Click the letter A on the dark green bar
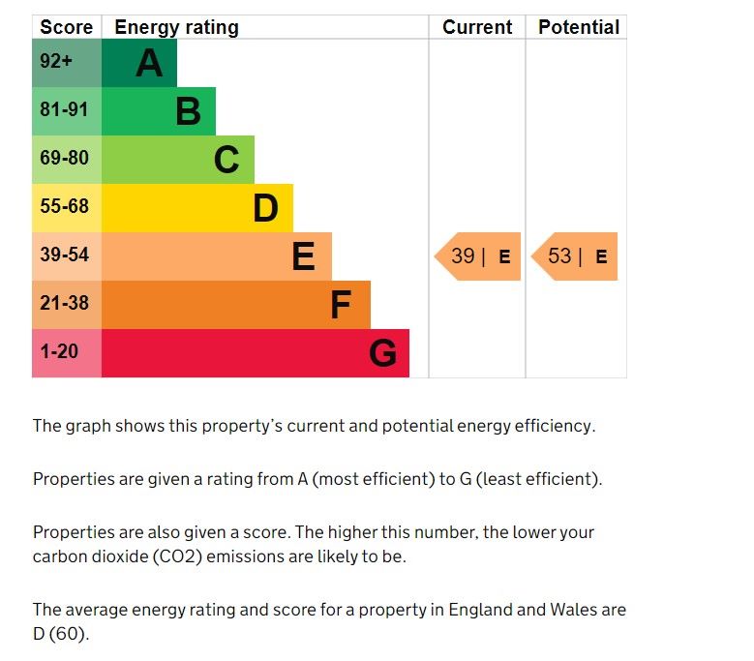[x=149, y=63]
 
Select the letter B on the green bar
[x=188, y=111]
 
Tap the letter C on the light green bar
[x=226, y=160]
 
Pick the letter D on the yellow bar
[x=265, y=208]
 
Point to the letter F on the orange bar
[x=340, y=305]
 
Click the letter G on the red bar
[x=382, y=353]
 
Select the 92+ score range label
[x=56, y=62]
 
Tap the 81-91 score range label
[x=64, y=110]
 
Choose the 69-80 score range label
[x=64, y=158]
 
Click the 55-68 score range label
[x=64, y=206]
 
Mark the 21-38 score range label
[x=64, y=303]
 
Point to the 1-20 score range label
[x=59, y=350]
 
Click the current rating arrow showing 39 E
[x=478, y=256]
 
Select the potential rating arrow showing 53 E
[x=575, y=256]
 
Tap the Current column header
[x=477, y=27]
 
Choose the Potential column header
[x=579, y=27]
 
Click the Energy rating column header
[x=176, y=27]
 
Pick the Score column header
[x=67, y=27]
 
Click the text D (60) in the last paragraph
[x=60, y=635]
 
